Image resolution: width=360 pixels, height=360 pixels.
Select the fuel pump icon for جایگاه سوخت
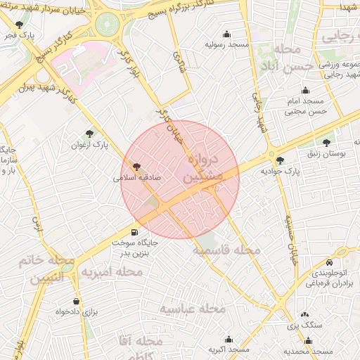pyautogui.click(x=133, y=233)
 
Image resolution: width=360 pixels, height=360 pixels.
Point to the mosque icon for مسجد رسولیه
pyautogui.click(x=227, y=34)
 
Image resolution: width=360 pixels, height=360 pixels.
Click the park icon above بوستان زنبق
pyautogui.click(x=326, y=143)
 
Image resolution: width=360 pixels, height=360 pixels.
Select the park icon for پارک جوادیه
pyautogui.click(x=281, y=160)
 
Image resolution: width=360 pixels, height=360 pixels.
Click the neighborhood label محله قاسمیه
pyautogui.click(x=226, y=250)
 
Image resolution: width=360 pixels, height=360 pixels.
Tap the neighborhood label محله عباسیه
pyautogui.click(x=192, y=309)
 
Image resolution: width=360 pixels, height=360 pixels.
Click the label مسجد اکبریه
pyautogui.click(x=229, y=349)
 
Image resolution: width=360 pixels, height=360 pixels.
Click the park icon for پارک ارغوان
pyautogui.click(x=89, y=133)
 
